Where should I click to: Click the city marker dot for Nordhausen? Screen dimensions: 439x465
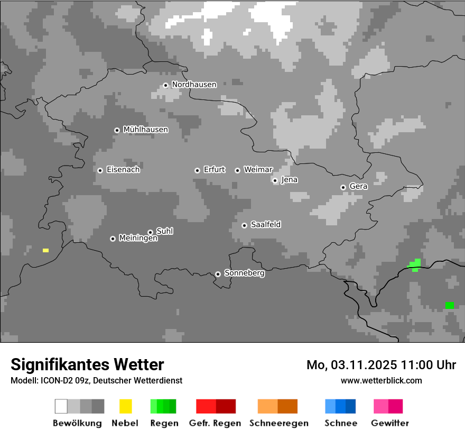165,85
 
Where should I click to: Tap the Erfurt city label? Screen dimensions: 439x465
214,170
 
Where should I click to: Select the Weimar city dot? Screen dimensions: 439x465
237,170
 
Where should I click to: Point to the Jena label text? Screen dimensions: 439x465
290,180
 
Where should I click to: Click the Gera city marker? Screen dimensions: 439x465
343,187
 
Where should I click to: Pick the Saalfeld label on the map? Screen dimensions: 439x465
266,225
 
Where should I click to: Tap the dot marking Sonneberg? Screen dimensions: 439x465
218,274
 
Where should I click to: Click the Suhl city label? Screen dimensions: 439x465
165,231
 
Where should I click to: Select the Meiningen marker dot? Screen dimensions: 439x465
113,239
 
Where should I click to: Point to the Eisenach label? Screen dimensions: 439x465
123,170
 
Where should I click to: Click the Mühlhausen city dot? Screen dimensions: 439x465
117,130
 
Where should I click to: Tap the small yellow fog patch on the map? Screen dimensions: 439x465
45,250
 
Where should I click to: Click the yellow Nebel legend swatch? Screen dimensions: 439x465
125,406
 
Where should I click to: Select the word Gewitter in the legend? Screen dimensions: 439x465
390,423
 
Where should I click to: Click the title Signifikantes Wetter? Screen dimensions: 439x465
87,364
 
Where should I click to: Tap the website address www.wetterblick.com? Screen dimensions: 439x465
381,380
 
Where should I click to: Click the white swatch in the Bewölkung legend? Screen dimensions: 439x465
61,406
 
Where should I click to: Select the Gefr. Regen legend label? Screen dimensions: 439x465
215,423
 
